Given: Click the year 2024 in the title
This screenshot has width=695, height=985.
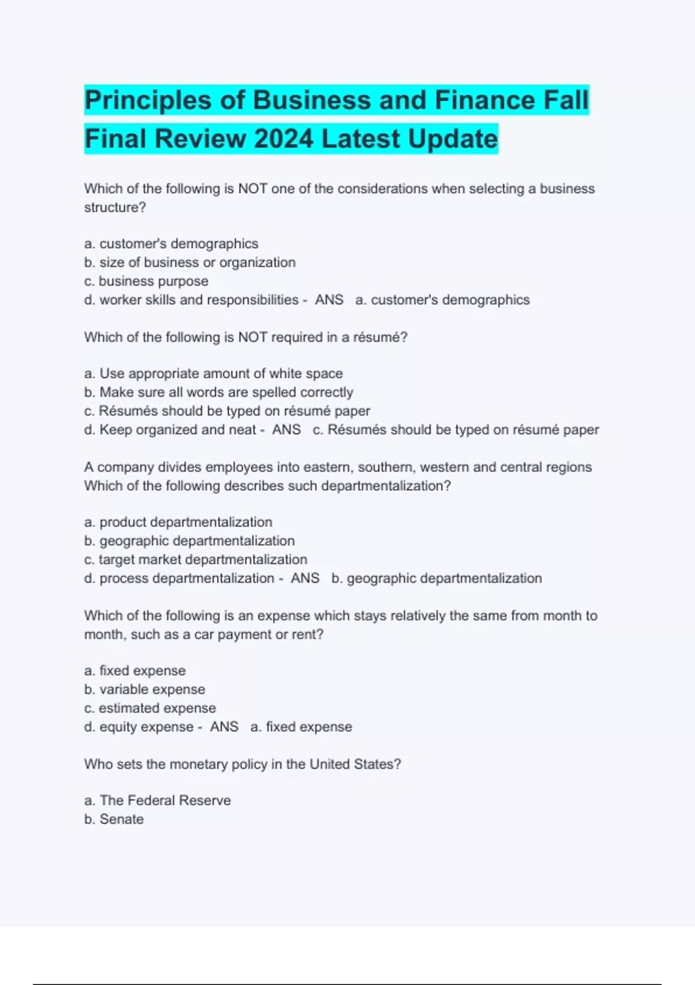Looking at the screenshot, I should tap(283, 139).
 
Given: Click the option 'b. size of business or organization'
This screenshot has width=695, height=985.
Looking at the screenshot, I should tap(189, 262).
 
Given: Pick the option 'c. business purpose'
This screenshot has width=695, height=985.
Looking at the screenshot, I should tap(146, 281).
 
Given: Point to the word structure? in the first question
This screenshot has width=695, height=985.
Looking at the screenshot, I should tap(115, 207).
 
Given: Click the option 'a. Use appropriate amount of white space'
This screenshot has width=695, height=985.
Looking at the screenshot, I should tap(213, 374).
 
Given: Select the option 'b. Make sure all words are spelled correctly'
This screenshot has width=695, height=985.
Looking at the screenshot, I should tap(218, 392).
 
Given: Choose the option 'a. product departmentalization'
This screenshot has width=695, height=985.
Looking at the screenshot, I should tap(178, 522).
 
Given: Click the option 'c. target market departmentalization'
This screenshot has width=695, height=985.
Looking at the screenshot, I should tap(195, 560).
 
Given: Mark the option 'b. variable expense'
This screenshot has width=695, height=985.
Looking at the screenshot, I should tap(144, 690).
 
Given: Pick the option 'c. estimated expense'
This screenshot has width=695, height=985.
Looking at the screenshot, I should tap(149, 708).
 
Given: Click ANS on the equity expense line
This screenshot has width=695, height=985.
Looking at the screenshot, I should tap(224, 727).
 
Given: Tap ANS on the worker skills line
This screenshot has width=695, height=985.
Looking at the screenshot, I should tap(329, 300).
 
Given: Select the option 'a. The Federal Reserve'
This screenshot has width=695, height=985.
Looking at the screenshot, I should tap(157, 801).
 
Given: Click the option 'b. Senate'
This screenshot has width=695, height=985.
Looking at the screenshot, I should tap(114, 819).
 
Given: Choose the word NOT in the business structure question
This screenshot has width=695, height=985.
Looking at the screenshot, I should tap(253, 189).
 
